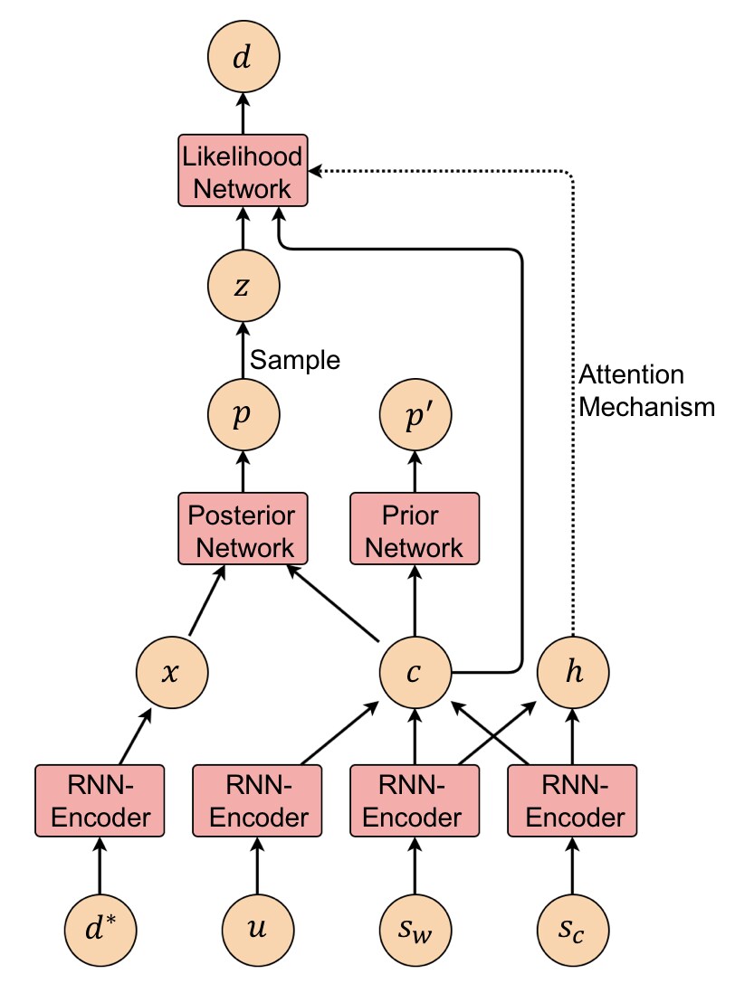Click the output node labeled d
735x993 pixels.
(243, 56)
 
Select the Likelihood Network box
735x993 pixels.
(243, 170)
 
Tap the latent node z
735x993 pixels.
(243, 286)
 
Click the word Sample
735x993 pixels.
(295, 360)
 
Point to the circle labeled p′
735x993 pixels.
(415, 415)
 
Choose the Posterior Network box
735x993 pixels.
(243, 529)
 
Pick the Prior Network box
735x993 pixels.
(415, 529)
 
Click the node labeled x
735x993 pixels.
(172, 672)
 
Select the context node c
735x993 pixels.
(415, 672)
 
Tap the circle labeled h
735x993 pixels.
(573, 672)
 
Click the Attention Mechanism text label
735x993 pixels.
(646, 391)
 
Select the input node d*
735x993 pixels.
(100, 931)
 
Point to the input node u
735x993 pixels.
(257, 931)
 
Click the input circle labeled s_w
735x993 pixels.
(415, 931)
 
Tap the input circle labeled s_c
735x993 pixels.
(573, 931)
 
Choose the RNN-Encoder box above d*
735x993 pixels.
(100, 801)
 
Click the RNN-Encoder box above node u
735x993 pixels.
(257, 801)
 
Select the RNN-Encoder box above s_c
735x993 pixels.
(572, 801)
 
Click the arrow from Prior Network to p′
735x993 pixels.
(415, 472)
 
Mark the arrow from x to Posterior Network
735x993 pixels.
(207, 601)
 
